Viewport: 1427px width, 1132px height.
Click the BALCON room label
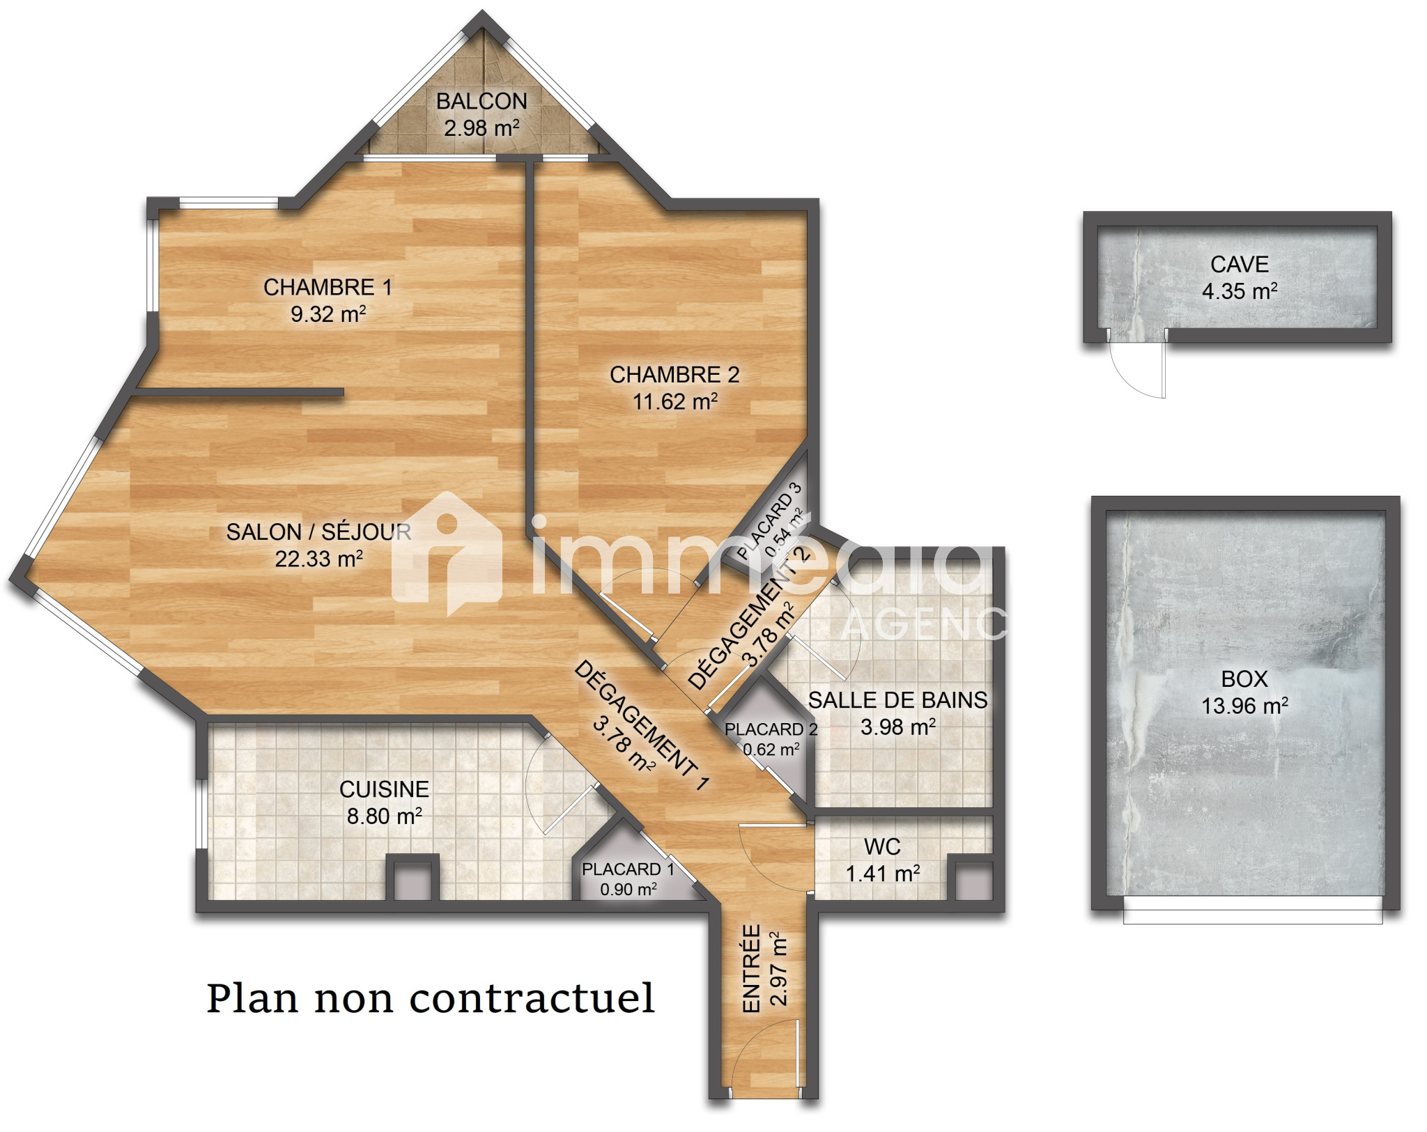click(x=481, y=102)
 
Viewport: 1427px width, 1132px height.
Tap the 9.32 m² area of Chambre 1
click(x=328, y=313)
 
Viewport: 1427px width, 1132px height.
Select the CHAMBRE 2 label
click(x=674, y=375)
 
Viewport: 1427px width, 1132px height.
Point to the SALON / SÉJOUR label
click(x=318, y=532)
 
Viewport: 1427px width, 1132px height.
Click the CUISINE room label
click(x=384, y=789)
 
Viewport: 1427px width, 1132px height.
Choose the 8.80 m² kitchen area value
click(x=385, y=816)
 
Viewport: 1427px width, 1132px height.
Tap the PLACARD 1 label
click(x=628, y=869)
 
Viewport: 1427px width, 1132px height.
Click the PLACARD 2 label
click(x=771, y=729)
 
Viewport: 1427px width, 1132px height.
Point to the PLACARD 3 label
click(x=769, y=521)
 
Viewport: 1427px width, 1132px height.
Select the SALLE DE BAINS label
click(x=897, y=700)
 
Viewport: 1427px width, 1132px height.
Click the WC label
click(x=882, y=847)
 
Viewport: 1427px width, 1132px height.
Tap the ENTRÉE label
click(x=751, y=968)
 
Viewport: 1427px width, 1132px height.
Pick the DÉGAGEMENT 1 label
click(x=641, y=725)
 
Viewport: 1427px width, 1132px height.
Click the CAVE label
click(x=1240, y=265)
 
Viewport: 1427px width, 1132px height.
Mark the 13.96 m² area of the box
click(x=1244, y=706)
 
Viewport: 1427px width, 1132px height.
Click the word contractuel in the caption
click(x=532, y=998)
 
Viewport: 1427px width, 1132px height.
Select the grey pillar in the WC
click(x=973, y=881)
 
